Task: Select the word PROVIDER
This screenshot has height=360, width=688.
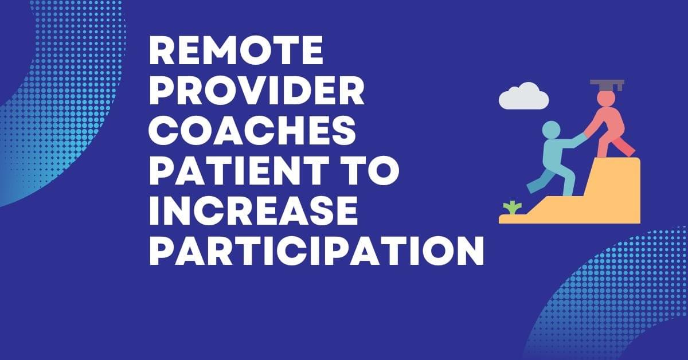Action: [256, 92]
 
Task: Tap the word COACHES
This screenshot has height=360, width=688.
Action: [252, 131]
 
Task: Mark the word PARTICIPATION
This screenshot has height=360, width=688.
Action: [316, 250]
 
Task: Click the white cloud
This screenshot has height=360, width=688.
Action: [523, 97]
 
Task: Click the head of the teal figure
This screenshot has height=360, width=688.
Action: [551, 130]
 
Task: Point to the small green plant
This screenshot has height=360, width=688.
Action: [510, 208]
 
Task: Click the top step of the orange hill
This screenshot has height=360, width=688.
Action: [619, 166]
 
